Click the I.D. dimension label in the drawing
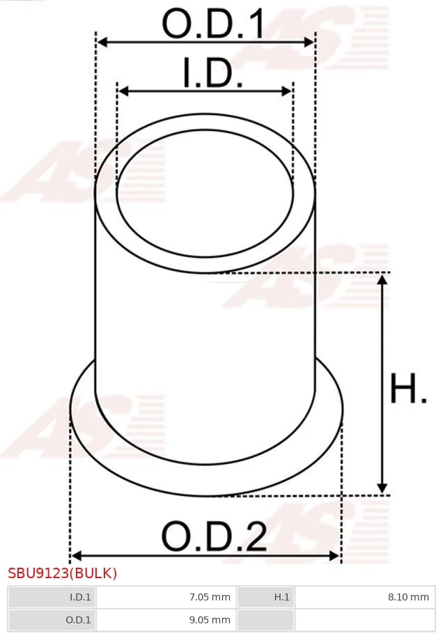(x=213, y=72)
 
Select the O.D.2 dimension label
(x=214, y=536)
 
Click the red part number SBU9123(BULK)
(x=63, y=573)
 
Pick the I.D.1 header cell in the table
(x=52, y=597)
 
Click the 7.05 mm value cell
(x=166, y=597)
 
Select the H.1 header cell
(x=266, y=597)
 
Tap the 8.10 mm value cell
(x=365, y=597)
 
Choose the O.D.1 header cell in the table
(x=52, y=620)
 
